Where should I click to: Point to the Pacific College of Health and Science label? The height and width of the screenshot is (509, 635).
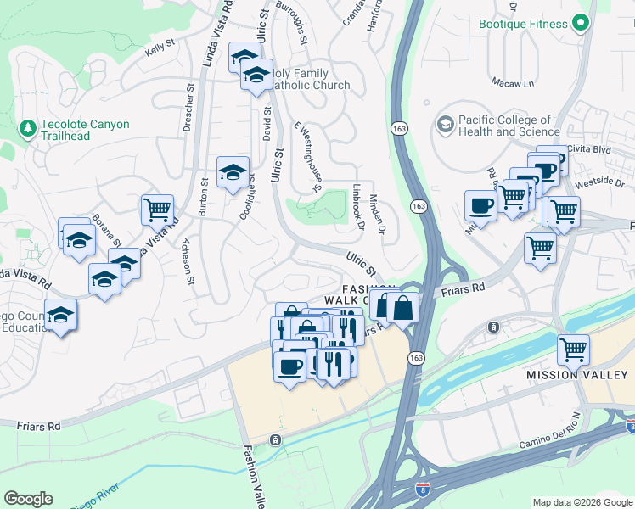[504, 126]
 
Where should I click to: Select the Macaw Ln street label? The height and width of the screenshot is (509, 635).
[513, 83]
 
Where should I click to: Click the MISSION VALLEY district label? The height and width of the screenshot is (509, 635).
[578, 375]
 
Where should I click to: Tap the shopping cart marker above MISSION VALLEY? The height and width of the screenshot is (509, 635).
[573, 348]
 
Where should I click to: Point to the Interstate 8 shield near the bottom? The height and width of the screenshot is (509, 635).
[423, 489]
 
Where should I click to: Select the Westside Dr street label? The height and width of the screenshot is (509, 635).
[598, 182]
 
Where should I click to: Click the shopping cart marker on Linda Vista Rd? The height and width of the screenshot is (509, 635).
[157, 209]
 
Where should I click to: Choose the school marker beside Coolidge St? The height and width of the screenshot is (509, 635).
[233, 173]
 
